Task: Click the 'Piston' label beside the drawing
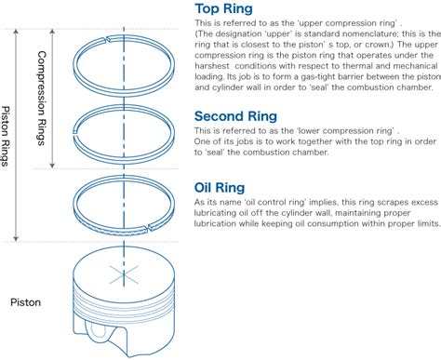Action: [x=25, y=301]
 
